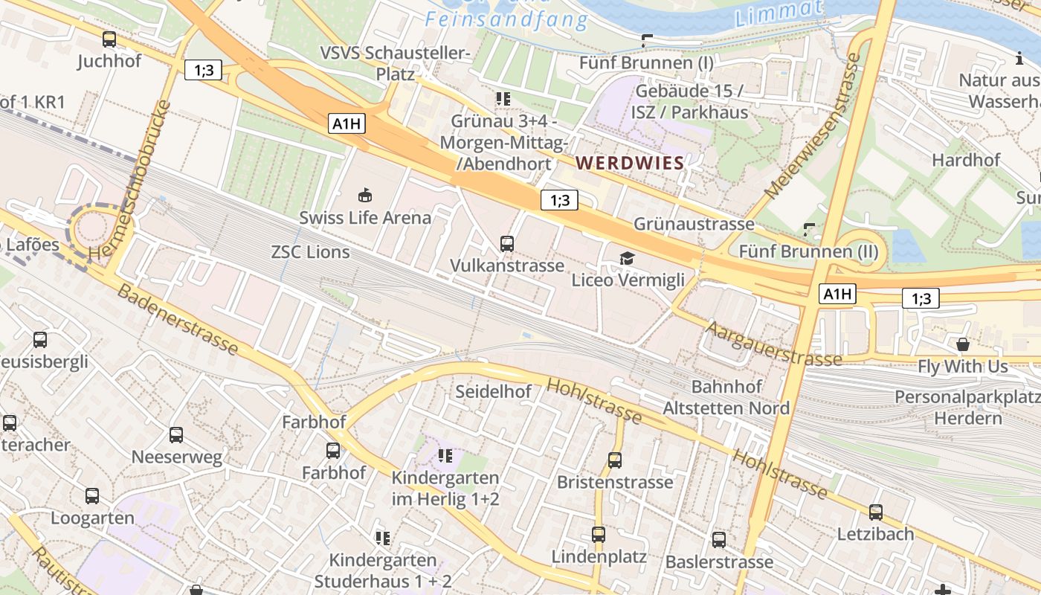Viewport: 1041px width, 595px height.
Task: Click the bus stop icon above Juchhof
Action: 109,39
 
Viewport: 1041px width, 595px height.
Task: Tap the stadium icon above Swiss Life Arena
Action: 365,196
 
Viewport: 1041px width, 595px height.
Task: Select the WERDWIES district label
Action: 630,163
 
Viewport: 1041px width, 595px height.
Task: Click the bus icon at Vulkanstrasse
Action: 507,243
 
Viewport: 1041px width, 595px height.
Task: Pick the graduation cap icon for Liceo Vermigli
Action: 628,258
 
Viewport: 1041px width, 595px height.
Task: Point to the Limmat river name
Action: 779,13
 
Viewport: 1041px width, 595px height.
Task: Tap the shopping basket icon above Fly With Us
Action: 963,344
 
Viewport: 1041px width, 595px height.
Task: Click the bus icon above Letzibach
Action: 876,512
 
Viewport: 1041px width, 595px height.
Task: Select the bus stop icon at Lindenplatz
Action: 599,534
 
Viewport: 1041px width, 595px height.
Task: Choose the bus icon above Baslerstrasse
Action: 719,539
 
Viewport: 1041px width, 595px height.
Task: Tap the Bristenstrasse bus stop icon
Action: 615,460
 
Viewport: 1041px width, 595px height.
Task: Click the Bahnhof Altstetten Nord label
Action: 726,398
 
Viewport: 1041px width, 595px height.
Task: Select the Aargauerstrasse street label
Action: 773,343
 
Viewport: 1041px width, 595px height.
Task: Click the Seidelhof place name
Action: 493,391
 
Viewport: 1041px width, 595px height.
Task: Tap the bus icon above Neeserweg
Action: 176,434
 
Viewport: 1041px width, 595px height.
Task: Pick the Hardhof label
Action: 966,160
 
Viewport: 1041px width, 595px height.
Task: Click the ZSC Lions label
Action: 310,252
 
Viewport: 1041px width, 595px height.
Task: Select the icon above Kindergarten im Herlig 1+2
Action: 445,455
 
